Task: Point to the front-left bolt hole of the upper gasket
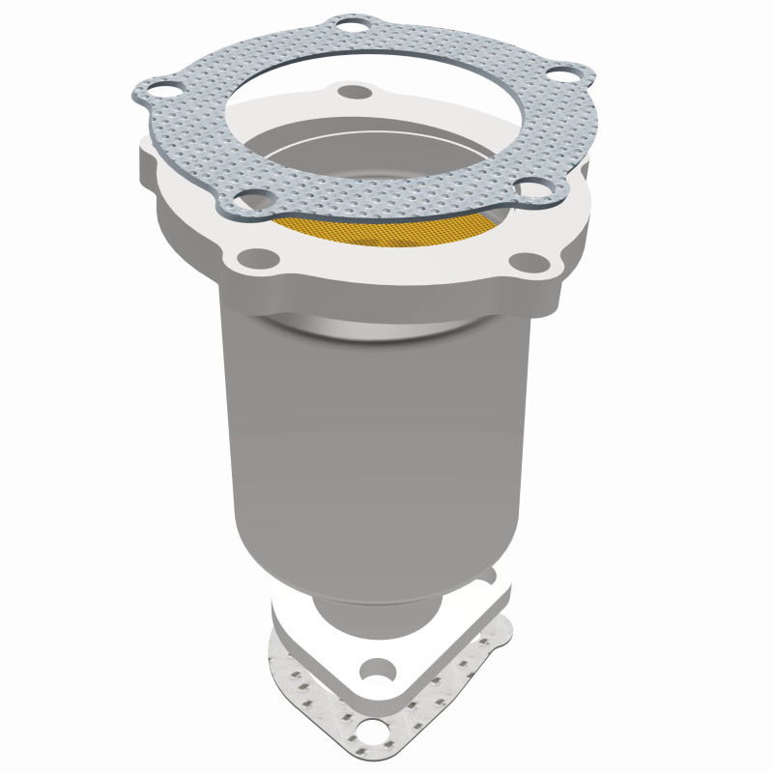(x=250, y=199)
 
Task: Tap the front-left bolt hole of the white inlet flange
(x=254, y=258)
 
